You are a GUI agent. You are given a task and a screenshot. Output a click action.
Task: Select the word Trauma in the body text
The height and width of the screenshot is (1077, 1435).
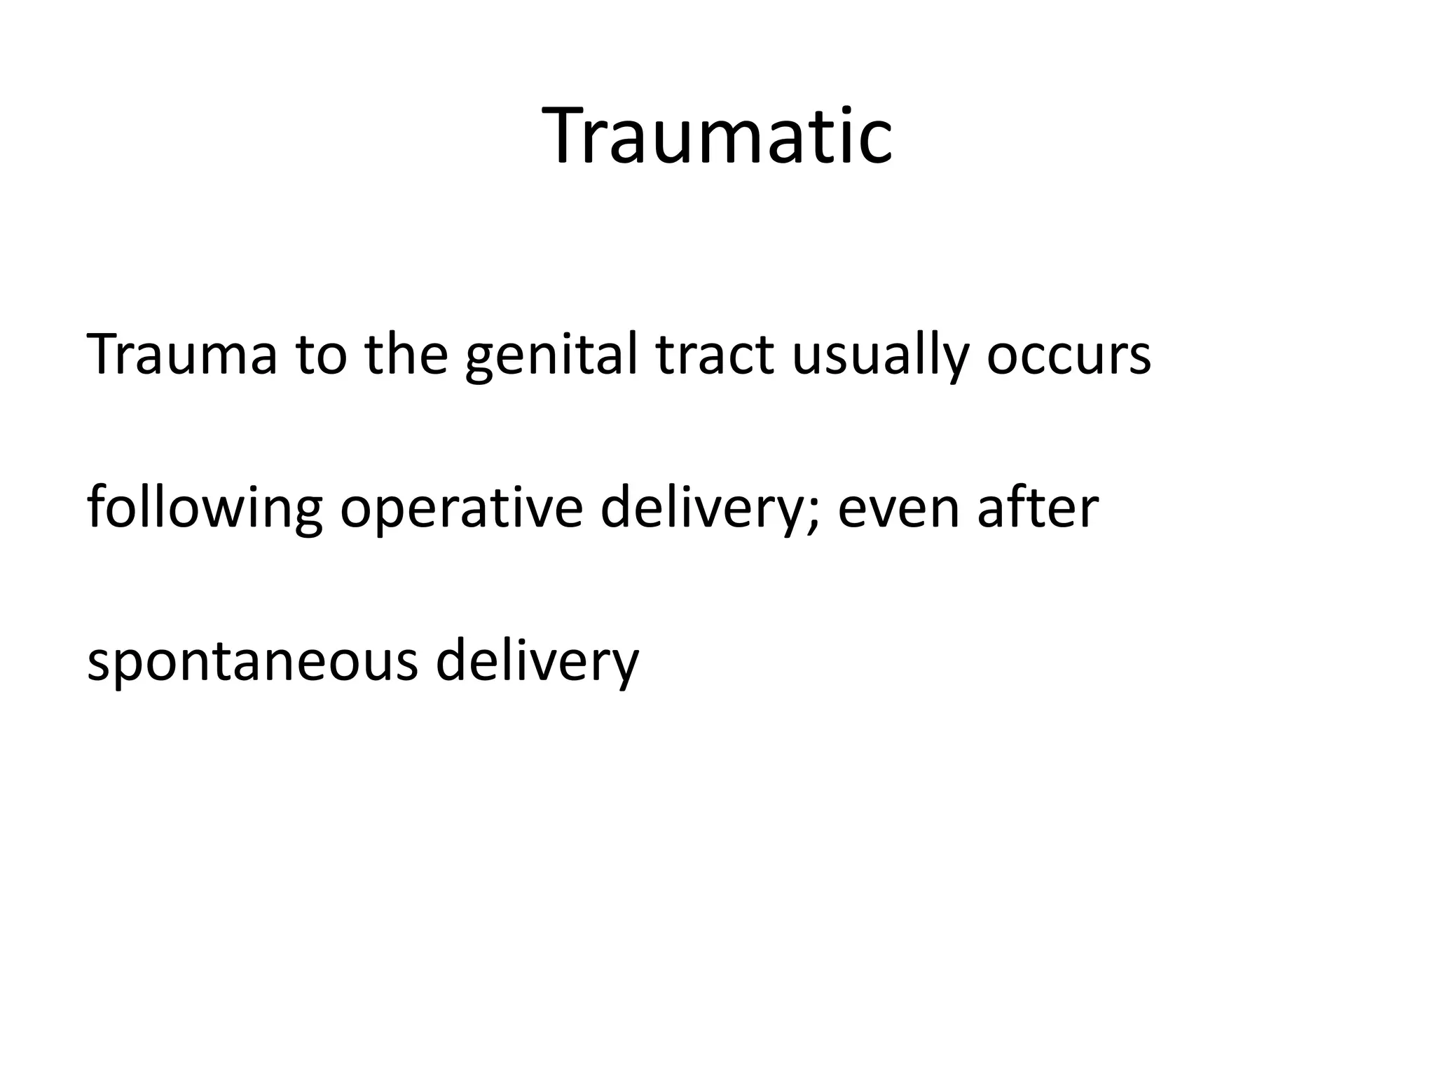181,355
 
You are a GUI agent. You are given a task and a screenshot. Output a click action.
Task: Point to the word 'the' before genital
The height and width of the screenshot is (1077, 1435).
406,355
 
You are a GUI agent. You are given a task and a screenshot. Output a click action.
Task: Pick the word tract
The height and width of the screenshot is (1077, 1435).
715,355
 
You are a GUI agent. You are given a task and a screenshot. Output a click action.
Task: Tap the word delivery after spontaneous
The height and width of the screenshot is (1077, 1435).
537,661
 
